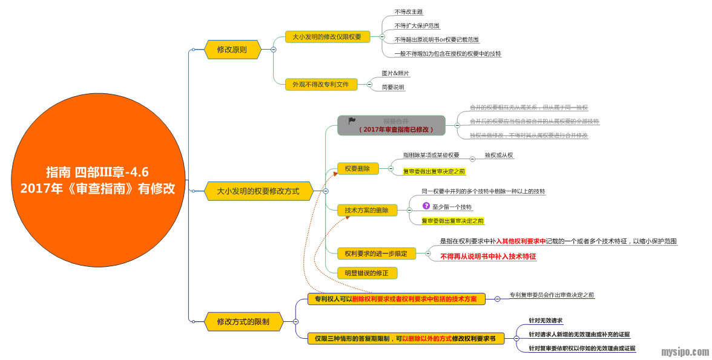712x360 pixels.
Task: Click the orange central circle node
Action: (x=97, y=180)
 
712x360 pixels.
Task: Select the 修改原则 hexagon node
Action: (x=232, y=50)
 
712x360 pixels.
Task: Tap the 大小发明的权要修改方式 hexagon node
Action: (x=258, y=191)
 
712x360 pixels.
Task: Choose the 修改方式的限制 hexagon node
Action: (x=243, y=322)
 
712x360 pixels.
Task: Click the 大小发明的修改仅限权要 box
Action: (x=327, y=37)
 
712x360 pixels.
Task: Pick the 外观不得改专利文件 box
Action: (x=321, y=85)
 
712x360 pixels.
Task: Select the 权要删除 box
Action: (x=358, y=169)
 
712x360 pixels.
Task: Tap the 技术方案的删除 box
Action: (x=367, y=211)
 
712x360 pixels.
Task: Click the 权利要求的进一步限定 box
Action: (x=376, y=254)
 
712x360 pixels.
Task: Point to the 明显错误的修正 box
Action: (x=367, y=273)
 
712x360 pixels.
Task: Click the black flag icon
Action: (x=352, y=121)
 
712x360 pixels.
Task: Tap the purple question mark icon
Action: (x=426, y=206)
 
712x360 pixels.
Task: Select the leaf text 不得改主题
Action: (x=409, y=11)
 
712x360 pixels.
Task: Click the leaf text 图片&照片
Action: (x=395, y=73)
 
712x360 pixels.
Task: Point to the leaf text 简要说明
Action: (x=393, y=88)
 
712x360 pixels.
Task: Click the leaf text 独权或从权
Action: (x=499, y=155)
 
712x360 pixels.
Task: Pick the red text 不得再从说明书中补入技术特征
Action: (x=488, y=257)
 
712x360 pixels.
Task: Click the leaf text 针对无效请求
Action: (x=546, y=321)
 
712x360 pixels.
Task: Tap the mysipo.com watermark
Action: (x=684, y=352)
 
